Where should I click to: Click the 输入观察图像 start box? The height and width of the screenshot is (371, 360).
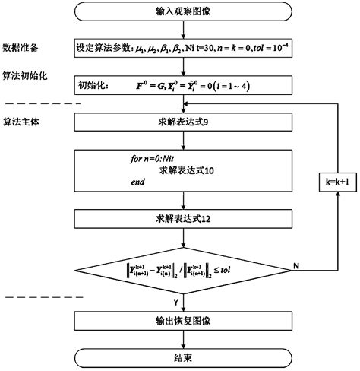[182, 14]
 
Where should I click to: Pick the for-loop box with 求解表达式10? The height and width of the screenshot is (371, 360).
[182, 171]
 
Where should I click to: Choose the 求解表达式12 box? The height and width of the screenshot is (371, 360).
[182, 220]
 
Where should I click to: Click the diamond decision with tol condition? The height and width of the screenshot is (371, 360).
[182, 270]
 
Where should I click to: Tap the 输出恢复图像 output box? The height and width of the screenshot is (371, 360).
[182, 320]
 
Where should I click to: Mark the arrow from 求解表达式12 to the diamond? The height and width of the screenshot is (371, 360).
[182, 239]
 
